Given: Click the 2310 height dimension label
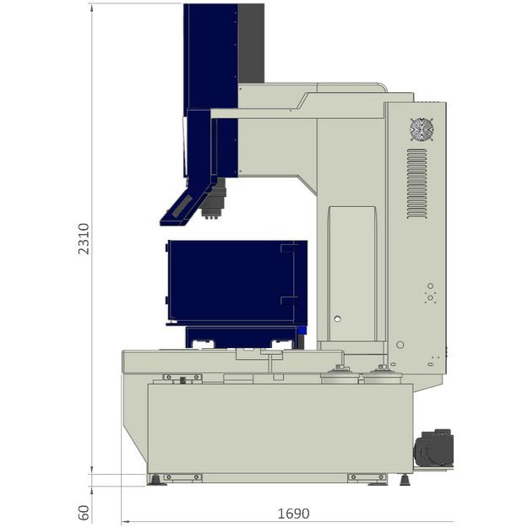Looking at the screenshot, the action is coord(84,238).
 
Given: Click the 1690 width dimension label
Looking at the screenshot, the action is coord(293,514).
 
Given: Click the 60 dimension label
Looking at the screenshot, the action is coord(84,513).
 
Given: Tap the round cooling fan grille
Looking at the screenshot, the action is coord(422,129).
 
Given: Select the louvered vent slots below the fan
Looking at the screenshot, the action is coord(416,184).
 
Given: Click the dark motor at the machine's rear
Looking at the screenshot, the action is coord(433,448).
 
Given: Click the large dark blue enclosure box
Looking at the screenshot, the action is coord(237,282).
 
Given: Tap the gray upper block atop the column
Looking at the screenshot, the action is coord(251,43).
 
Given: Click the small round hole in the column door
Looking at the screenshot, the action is coord(337,318).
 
